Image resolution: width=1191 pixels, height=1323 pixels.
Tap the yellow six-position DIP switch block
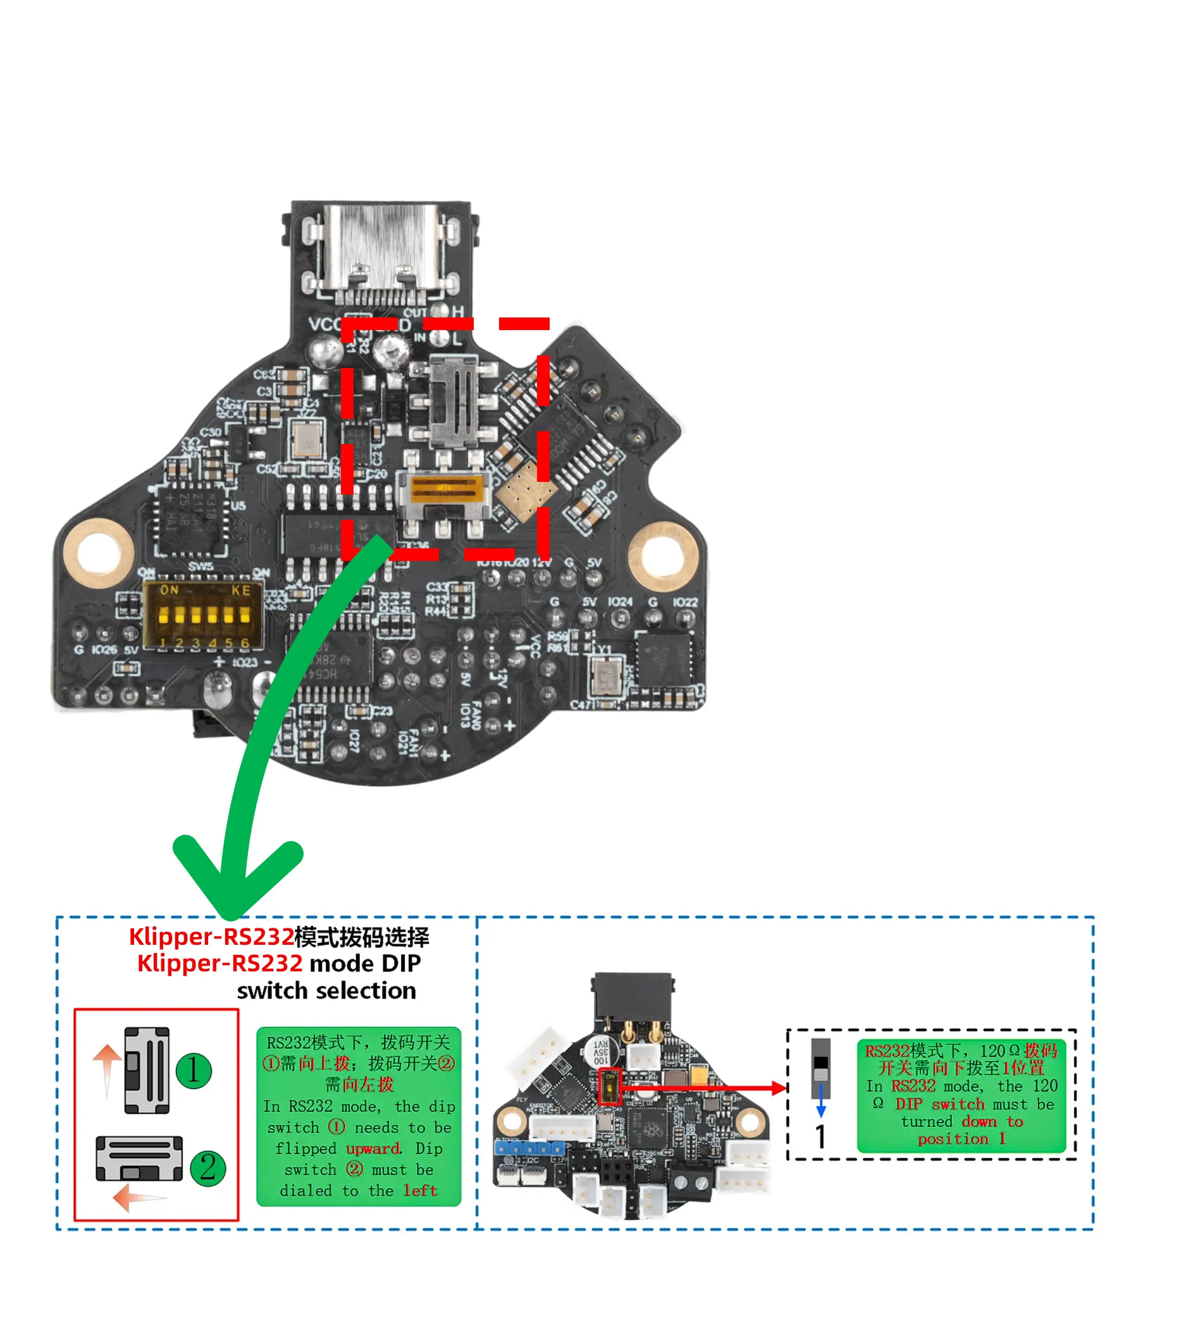click(204, 616)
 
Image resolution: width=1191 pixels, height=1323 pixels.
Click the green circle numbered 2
click(207, 1168)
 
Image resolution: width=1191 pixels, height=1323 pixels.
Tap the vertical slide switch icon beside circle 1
click(147, 1070)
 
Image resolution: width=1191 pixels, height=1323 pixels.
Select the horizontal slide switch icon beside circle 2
click(139, 1158)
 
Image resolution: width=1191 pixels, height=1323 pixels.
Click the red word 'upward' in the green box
click(373, 1149)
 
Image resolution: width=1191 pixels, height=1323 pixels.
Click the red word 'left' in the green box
click(419, 1191)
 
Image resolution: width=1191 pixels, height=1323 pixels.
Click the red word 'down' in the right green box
click(979, 1121)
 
